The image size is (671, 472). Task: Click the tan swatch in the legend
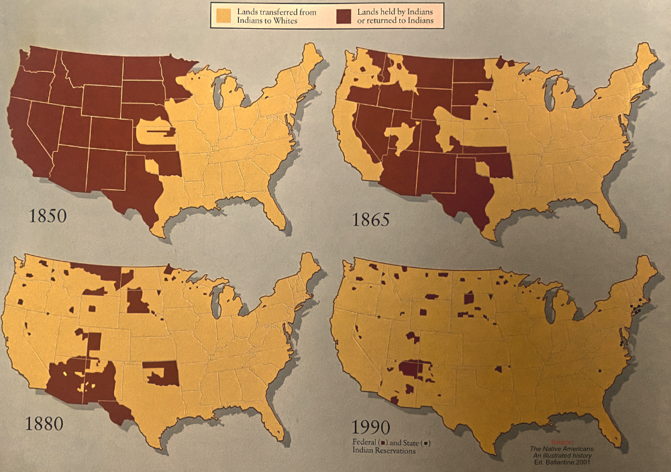tap(224, 15)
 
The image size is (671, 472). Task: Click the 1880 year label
tap(44, 424)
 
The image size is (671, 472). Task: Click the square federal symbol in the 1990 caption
tap(382, 442)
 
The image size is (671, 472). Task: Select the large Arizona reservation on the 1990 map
tap(411, 369)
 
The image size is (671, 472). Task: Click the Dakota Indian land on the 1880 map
tap(138, 302)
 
